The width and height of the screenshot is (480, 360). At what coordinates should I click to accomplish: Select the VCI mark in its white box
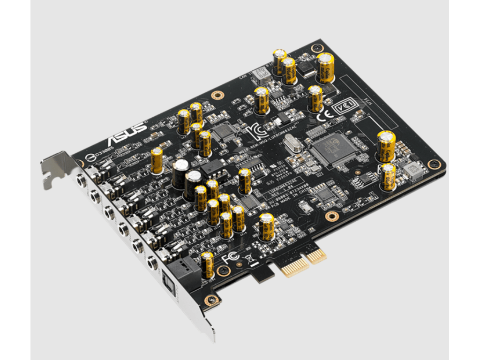(x=342, y=108)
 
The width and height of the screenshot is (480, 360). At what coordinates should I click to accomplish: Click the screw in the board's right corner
(x=436, y=164)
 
